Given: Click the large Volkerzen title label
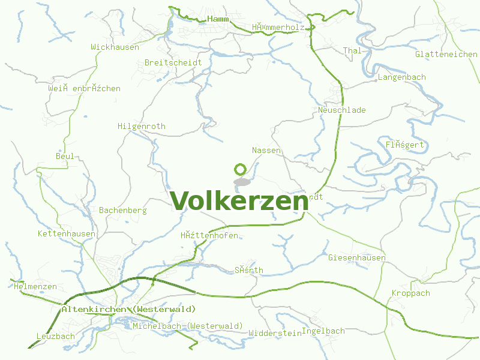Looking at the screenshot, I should click(239, 201).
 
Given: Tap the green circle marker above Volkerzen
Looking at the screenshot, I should click(241, 169).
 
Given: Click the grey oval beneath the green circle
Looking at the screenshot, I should click(242, 181).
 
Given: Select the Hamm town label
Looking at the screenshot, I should click(218, 20).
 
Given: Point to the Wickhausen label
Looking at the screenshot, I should click(115, 47).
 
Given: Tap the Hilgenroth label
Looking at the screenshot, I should click(142, 127).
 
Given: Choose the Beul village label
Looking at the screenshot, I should click(65, 157).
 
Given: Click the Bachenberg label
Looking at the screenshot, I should click(123, 211).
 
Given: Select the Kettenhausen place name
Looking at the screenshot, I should click(66, 233).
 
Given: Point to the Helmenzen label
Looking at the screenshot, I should click(35, 287).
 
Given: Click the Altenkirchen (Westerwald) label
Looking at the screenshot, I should click(128, 309).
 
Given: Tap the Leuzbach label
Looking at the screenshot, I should click(56, 336).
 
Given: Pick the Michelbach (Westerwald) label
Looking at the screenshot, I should click(188, 326).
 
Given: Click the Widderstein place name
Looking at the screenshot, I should click(275, 333).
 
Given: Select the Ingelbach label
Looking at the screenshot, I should click(324, 331).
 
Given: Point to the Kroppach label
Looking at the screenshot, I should click(411, 293).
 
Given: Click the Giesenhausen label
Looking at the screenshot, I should click(357, 257).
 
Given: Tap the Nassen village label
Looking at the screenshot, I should click(266, 150).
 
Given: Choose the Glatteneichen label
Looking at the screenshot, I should click(446, 54).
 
